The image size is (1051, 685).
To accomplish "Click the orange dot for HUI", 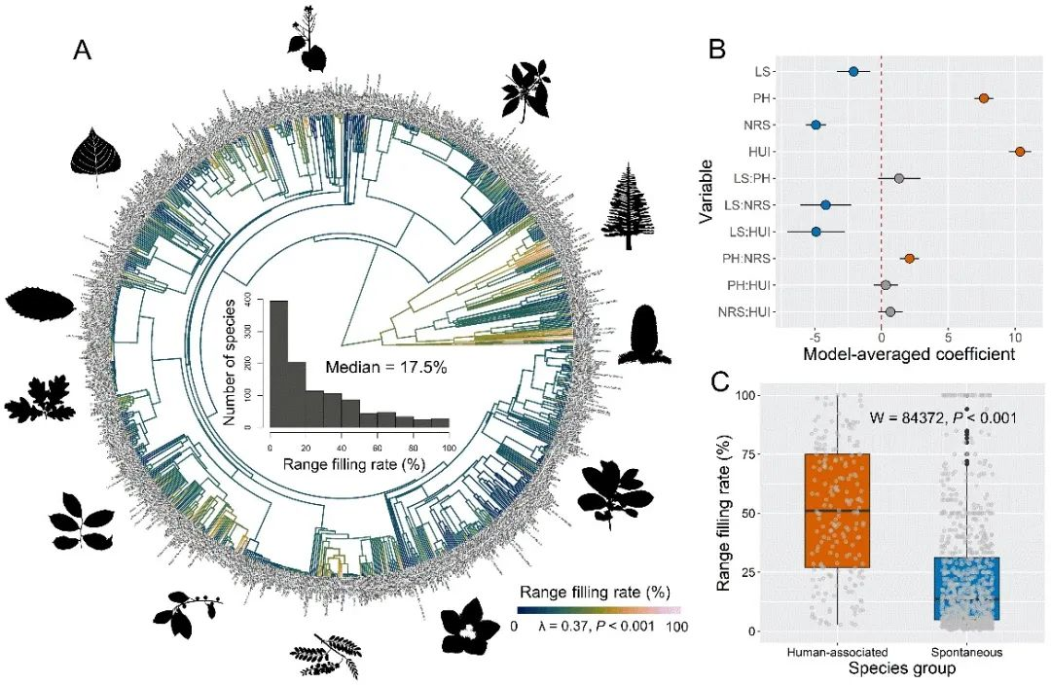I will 1019,152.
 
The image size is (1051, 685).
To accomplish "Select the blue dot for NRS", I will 816,126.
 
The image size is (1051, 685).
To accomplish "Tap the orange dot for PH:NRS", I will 910,259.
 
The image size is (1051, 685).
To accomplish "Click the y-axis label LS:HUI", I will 751,232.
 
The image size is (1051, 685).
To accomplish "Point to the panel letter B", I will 716,46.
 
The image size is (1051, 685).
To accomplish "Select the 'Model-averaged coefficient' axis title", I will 909,355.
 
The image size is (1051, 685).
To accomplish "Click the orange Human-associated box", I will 837,510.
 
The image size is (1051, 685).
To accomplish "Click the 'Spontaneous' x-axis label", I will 966,652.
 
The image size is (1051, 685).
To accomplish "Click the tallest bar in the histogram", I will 278,365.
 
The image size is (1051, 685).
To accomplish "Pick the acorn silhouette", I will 644,335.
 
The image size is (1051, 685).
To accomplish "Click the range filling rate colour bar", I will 598,610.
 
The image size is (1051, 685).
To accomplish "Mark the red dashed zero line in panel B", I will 882,195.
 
